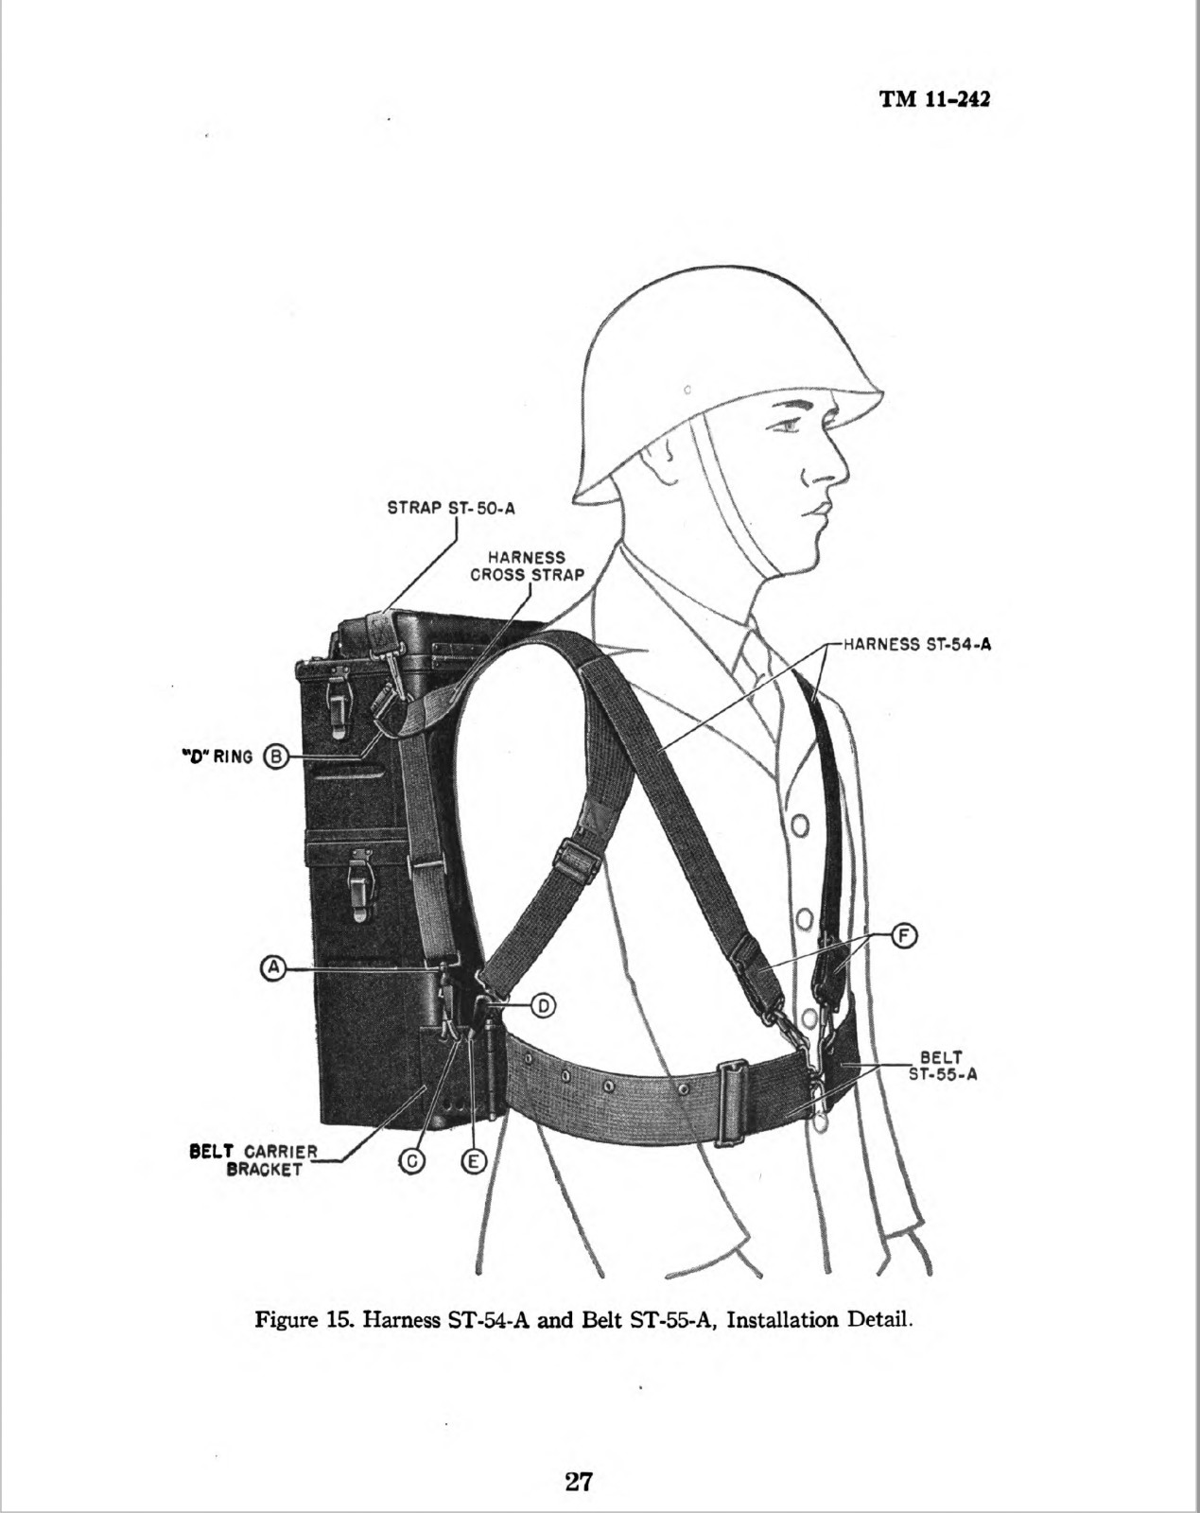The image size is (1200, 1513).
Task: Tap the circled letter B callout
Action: pyautogui.click(x=275, y=757)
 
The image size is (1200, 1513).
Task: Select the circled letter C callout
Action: pyautogui.click(x=412, y=1162)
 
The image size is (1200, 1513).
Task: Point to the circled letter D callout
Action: pyautogui.click(x=543, y=1006)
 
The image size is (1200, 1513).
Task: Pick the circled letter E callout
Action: pyautogui.click(x=473, y=1162)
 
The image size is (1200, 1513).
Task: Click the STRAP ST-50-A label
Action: pyautogui.click(x=451, y=508)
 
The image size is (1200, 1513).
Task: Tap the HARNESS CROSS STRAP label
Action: pyautogui.click(x=528, y=566)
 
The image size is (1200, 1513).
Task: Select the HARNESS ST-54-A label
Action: pyautogui.click(x=917, y=644)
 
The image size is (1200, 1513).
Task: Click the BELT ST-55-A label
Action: pyautogui.click(x=943, y=1066)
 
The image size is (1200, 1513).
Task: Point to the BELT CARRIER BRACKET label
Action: pyautogui.click(x=253, y=1161)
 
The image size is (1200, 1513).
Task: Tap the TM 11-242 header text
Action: pyautogui.click(x=935, y=99)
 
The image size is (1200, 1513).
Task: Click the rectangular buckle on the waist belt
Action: pyautogui.click(x=732, y=1104)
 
